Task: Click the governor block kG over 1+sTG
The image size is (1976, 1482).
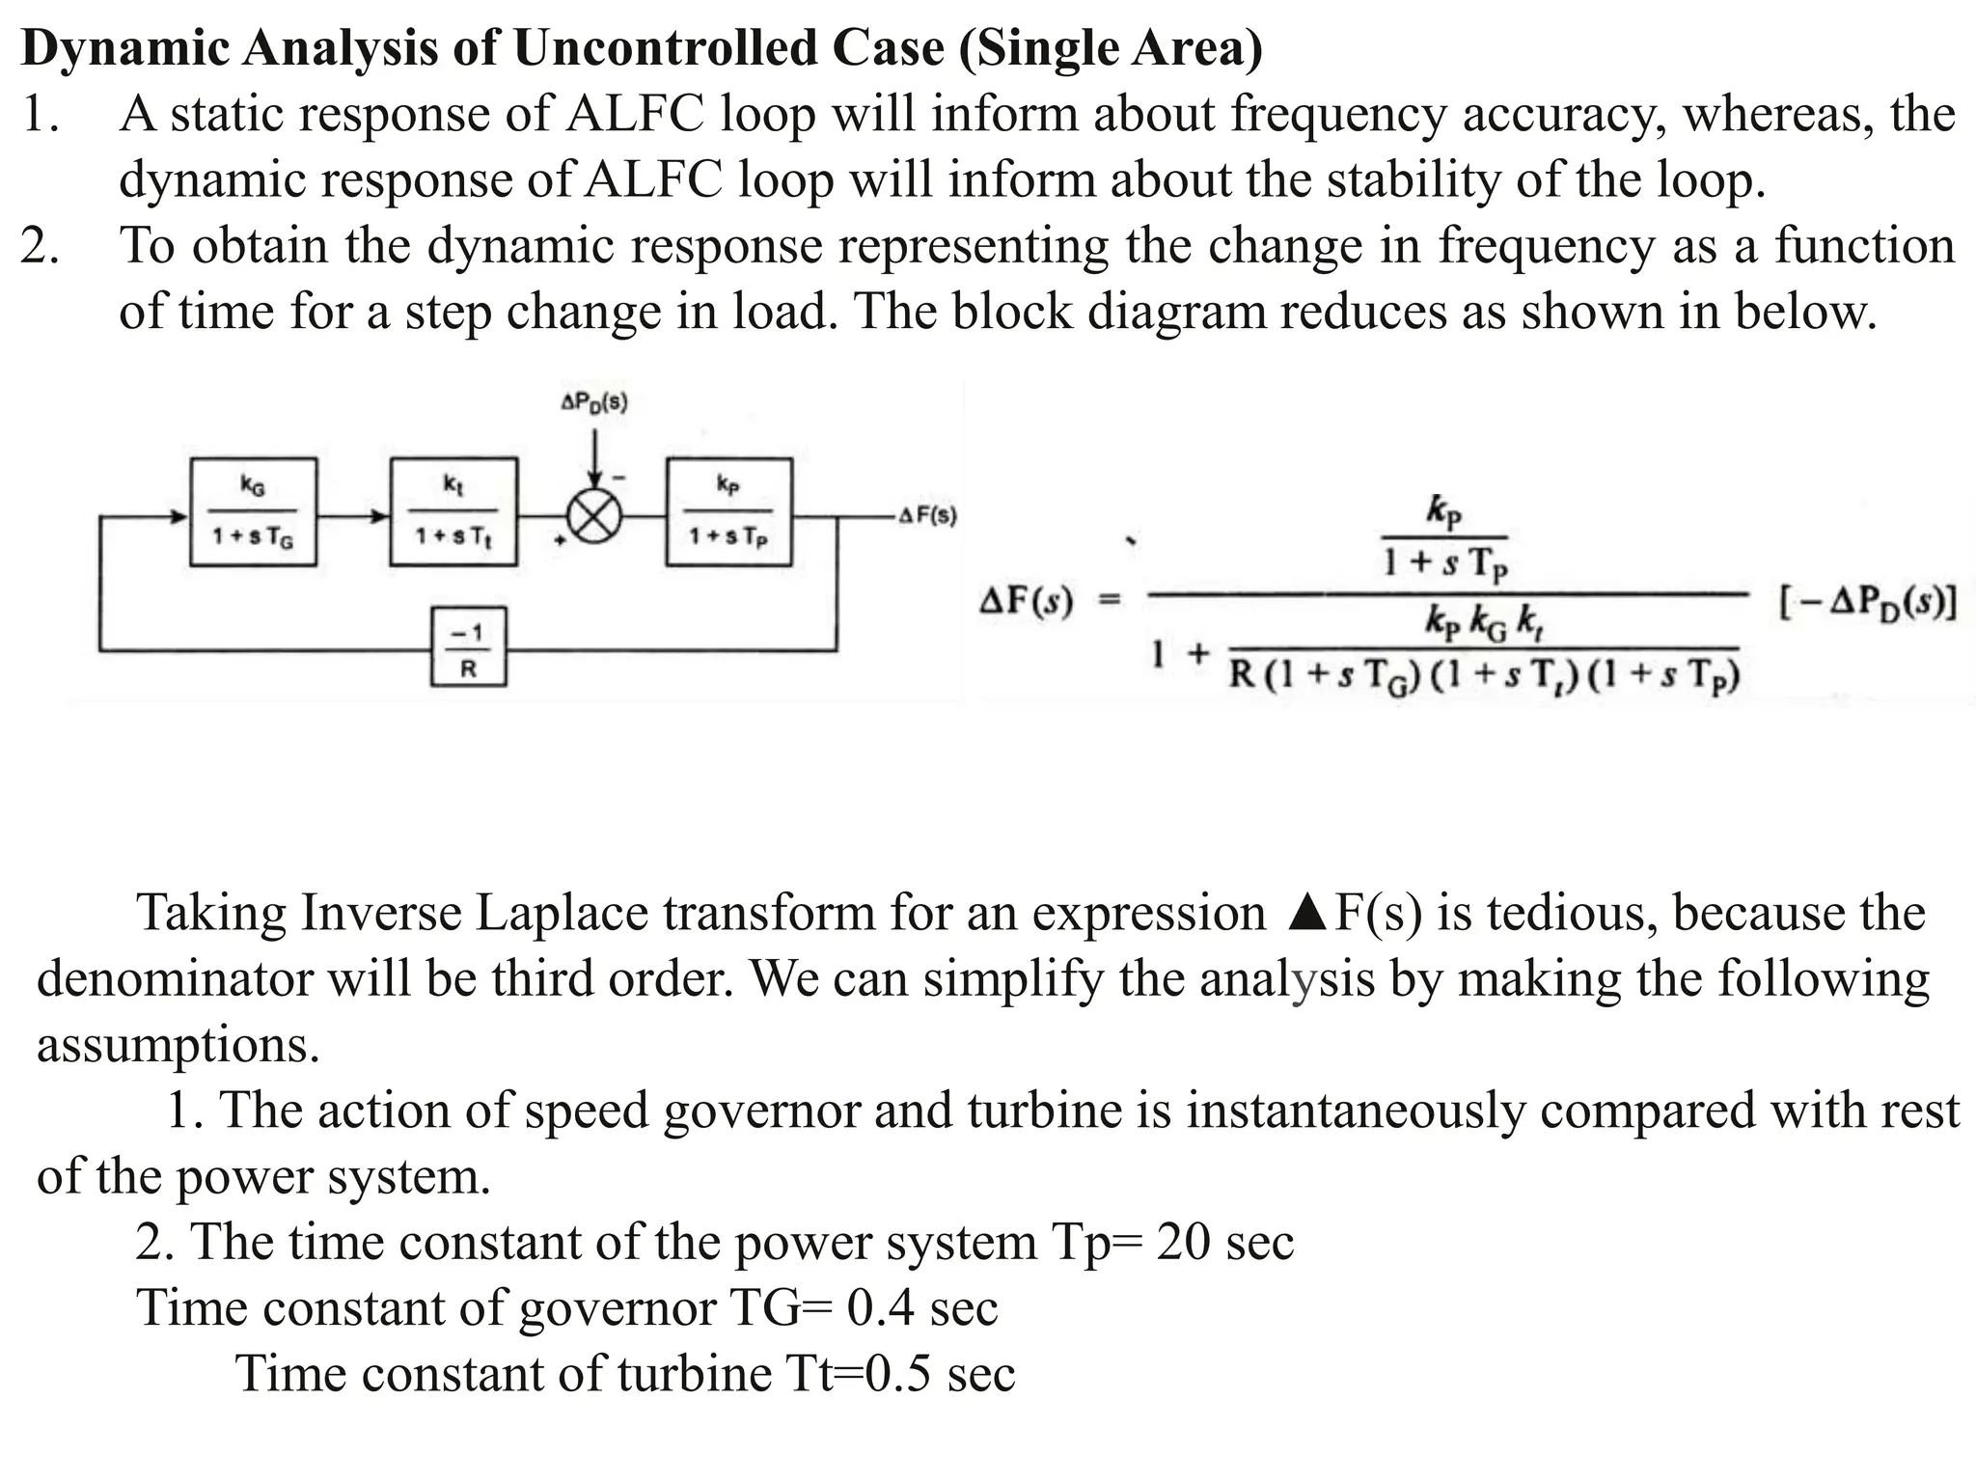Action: click(253, 511)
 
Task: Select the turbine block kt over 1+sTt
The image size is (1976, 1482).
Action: click(453, 511)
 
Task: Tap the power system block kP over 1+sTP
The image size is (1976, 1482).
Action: click(728, 511)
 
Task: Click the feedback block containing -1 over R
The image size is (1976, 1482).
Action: click(468, 646)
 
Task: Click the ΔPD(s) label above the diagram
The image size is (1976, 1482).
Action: click(593, 402)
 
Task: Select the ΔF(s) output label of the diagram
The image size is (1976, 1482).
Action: click(927, 516)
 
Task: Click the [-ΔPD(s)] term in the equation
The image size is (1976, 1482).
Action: click(1867, 604)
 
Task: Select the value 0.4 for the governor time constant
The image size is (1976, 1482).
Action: click(881, 1307)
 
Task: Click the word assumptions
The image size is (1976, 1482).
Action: click(178, 1045)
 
